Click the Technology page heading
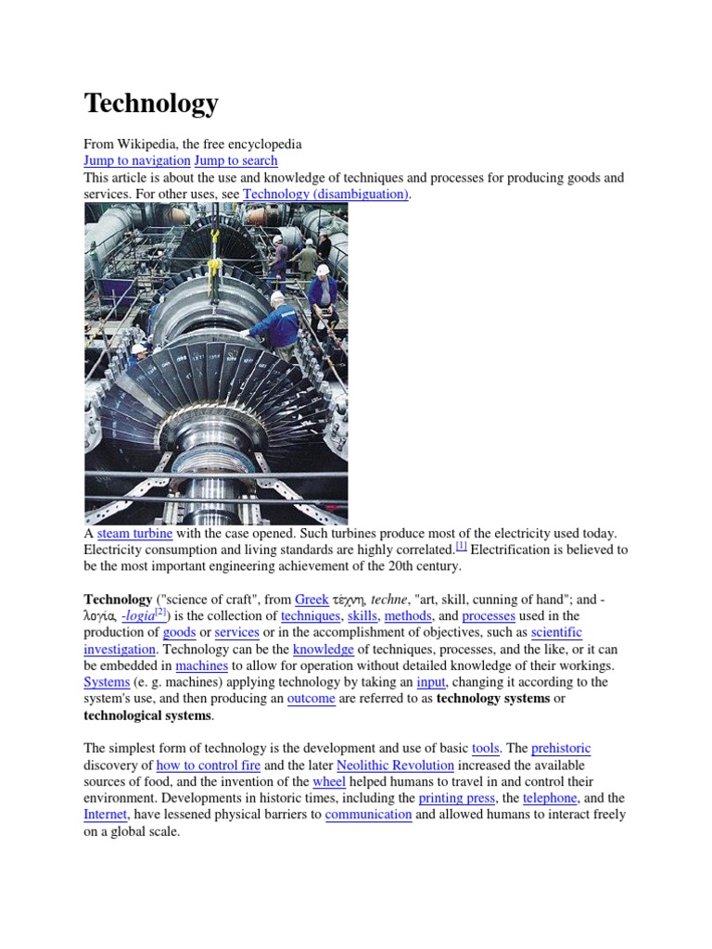151,103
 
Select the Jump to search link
235,160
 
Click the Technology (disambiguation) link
325,194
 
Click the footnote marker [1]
461,546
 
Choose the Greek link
311,600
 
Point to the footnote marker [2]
159,613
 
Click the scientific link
556,632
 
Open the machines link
201,665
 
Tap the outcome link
311,699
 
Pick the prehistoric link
561,748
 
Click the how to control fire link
209,765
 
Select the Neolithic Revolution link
395,765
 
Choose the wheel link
329,781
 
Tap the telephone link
550,798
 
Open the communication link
368,815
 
